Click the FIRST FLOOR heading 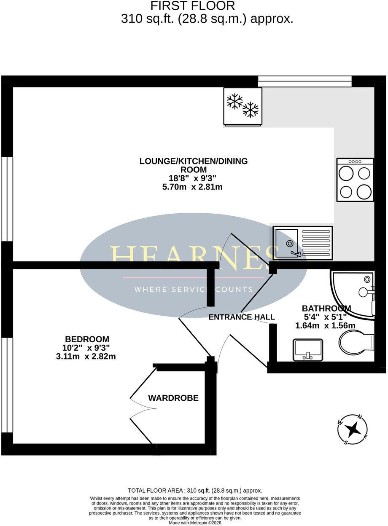coord(192,6)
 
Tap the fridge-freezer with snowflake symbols coord(242,107)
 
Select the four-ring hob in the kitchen coord(355,180)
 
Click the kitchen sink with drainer coord(303,243)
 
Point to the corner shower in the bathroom coord(353,295)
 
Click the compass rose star coord(354,430)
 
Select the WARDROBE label coord(173,398)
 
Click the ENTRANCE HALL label coord(242,317)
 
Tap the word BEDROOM coord(87,339)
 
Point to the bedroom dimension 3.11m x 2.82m coord(86,357)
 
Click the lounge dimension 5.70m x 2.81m coord(192,187)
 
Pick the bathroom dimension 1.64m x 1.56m coord(325,325)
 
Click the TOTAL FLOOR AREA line coord(195,490)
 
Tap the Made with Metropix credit coord(195,523)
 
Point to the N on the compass coord(359,417)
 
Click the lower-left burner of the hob coord(346,192)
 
